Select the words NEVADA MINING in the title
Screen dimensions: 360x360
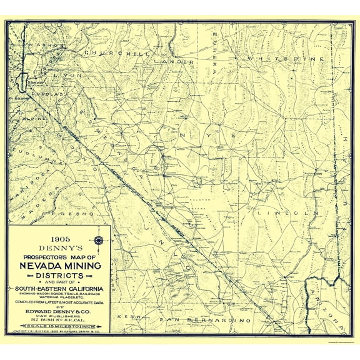[x=60, y=266]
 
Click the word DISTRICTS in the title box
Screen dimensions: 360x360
[x=60, y=276]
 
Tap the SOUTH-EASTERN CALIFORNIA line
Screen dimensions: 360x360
[x=60, y=288]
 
